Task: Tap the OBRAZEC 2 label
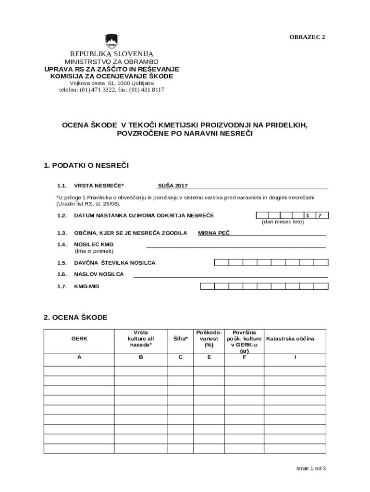[x=307, y=37]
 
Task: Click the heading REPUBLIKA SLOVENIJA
[x=111, y=54]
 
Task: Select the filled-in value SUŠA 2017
[x=173, y=185]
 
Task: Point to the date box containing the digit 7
[x=320, y=215]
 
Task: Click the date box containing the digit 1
[x=308, y=215]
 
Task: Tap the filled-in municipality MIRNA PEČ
[x=214, y=233]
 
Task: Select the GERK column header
[x=79, y=339]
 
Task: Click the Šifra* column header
[x=180, y=339]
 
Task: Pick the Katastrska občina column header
[x=290, y=339]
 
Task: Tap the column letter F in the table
[x=244, y=357]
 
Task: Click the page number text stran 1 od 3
[x=311, y=468]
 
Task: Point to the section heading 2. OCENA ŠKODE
[x=75, y=318]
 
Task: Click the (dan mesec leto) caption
[x=283, y=222]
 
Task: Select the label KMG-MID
[x=86, y=286]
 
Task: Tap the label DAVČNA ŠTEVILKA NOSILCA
[x=114, y=263]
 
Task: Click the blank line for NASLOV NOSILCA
[x=231, y=275]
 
